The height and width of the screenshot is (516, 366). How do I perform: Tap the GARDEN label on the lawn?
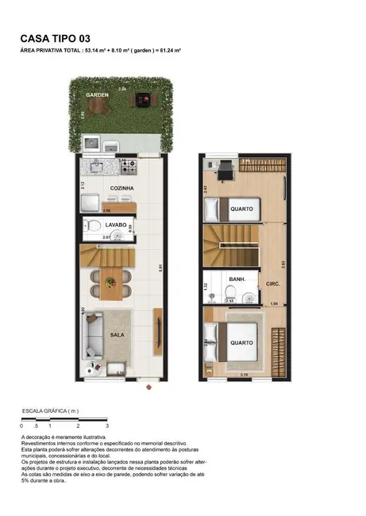click(x=98, y=94)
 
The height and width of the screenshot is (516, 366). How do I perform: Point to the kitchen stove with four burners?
click(x=128, y=167)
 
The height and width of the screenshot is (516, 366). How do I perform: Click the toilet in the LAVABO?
click(x=92, y=225)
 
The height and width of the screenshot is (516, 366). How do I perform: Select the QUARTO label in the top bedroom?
click(x=242, y=209)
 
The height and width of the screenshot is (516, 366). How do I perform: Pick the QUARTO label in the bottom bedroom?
click(x=242, y=343)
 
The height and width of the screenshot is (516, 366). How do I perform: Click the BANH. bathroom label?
click(x=237, y=279)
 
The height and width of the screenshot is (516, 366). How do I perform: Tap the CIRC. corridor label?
click(x=273, y=283)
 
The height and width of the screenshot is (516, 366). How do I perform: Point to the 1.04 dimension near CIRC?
click(x=275, y=304)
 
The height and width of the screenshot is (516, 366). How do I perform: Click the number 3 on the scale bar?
click(x=106, y=426)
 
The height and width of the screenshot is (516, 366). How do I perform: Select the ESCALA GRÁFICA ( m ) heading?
click(x=50, y=410)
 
